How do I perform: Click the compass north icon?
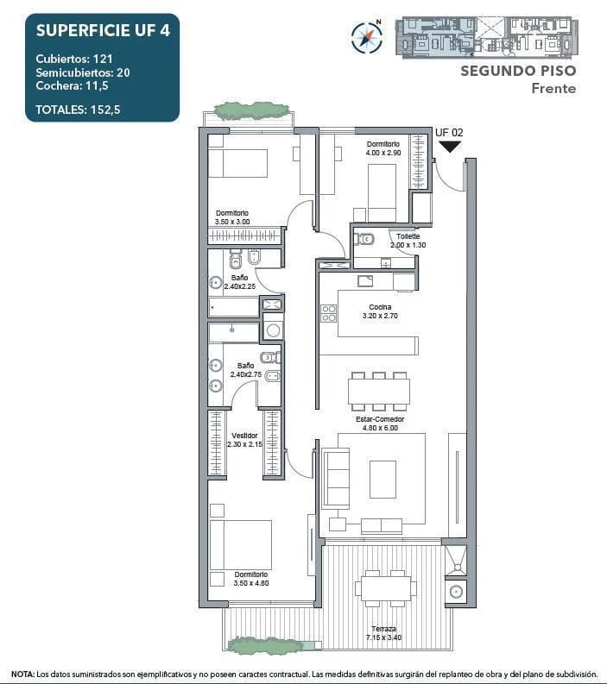(367, 35)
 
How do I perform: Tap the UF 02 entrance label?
(449, 132)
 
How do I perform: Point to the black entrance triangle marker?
(449, 147)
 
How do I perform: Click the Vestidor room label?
(243, 440)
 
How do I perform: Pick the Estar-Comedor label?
(380, 424)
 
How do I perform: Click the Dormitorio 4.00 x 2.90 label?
(383, 148)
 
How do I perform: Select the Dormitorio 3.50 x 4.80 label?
(250, 578)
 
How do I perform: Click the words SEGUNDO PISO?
(517, 71)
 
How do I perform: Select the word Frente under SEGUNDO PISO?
(553, 88)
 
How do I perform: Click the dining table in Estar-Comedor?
(378, 392)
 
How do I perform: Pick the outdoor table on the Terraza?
(385, 589)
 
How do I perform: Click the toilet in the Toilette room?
(365, 239)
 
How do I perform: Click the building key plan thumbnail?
(485, 37)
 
